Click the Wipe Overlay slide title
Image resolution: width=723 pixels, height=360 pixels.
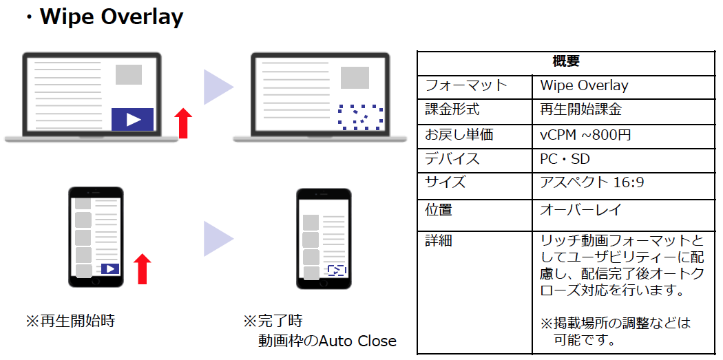pos(112,17)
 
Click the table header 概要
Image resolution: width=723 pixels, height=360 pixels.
pos(566,61)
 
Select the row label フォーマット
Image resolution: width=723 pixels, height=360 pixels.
pos(465,85)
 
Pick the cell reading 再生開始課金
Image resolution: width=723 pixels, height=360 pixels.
pos(580,109)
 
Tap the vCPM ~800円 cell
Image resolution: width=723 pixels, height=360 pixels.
pos(585,135)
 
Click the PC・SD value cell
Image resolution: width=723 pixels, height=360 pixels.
pos(565,159)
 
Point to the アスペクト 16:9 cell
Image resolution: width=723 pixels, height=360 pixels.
pos(592,182)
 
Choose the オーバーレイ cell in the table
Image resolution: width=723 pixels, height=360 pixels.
pos(581,210)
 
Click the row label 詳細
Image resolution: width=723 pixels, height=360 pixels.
pos(439,241)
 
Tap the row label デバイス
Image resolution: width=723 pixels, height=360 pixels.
pos(452,159)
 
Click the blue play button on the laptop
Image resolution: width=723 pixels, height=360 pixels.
pos(132,119)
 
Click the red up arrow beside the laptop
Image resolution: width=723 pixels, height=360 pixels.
pos(183,123)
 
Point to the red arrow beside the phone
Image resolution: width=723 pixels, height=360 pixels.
pos(142,268)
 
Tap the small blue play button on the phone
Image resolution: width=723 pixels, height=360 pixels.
pos(110,268)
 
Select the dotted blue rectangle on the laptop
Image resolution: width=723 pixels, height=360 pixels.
pos(361,117)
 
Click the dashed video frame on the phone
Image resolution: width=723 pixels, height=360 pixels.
pos(337,270)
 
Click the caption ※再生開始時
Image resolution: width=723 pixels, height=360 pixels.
pos(70,321)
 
